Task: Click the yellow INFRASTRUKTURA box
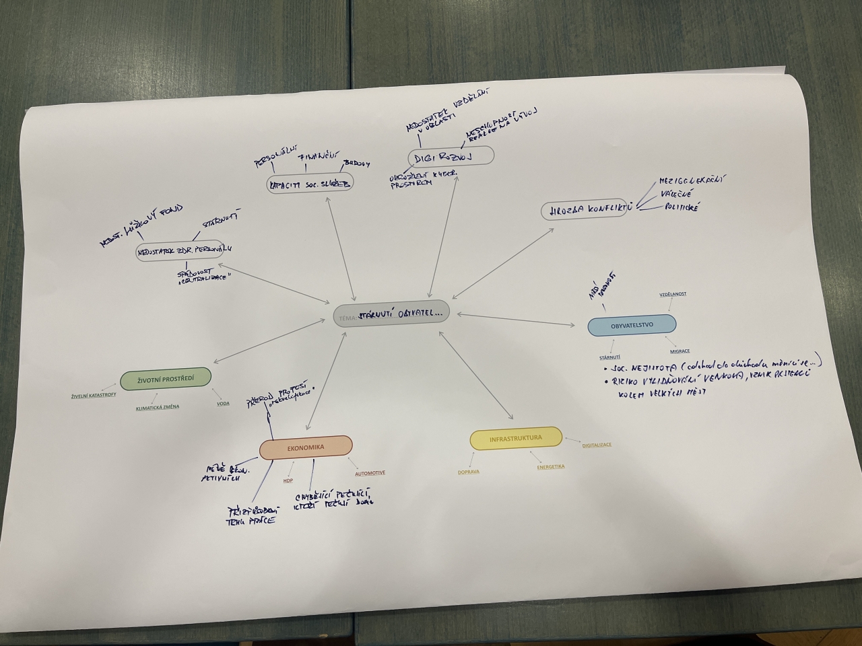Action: click(516, 439)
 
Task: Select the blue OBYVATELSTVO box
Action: click(632, 326)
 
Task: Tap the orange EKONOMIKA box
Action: click(306, 447)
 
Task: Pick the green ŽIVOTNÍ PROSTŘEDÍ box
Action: click(166, 380)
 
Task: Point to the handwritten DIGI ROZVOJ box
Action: click(451, 157)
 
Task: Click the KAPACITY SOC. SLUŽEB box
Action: click(310, 184)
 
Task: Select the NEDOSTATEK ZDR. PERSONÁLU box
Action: click(179, 251)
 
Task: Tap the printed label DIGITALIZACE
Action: click(597, 445)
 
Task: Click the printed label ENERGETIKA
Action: click(551, 466)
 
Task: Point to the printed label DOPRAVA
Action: click(469, 472)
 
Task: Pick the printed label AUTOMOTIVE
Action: click(370, 473)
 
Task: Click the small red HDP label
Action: click(288, 480)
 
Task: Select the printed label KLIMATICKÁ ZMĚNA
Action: click(158, 407)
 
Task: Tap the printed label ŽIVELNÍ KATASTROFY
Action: click(94, 395)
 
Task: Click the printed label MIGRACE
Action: click(679, 351)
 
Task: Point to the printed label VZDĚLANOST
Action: click(673, 294)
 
